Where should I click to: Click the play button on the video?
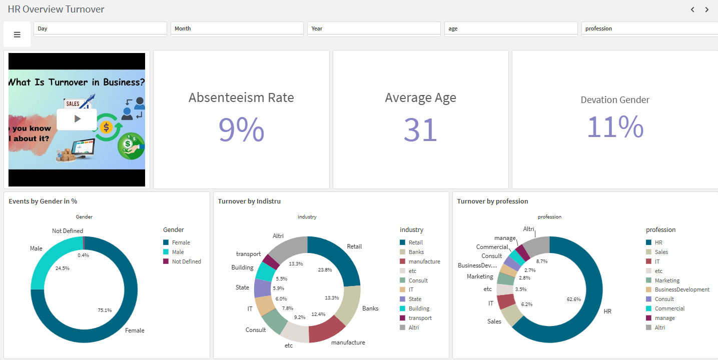click(77, 119)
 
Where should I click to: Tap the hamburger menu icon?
click(17, 34)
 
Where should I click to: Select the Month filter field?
click(237, 28)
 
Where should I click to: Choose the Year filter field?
click(373, 28)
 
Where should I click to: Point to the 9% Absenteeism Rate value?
click(241, 129)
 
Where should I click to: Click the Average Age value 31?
click(420, 129)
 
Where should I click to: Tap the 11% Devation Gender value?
click(615, 126)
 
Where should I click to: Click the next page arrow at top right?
click(707, 9)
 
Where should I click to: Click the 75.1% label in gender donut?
click(105, 310)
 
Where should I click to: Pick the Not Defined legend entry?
click(186, 261)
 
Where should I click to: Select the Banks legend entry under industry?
click(416, 252)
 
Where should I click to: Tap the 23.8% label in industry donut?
click(325, 269)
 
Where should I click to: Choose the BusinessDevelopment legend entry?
click(681, 289)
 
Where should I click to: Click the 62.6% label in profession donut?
click(573, 299)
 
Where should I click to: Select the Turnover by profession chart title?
click(492, 201)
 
